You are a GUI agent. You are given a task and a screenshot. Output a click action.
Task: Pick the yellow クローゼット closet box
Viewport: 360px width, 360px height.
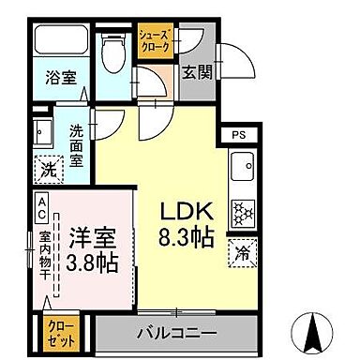pos(59,332)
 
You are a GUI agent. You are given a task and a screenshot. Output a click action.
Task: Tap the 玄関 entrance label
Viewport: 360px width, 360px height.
pos(196,72)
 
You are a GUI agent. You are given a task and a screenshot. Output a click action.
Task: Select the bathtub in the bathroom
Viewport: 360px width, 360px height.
pos(62,43)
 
